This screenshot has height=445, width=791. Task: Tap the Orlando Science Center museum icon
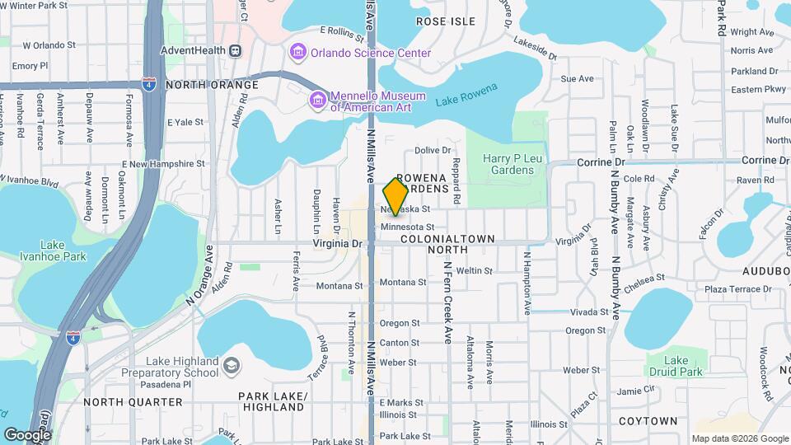(x=297, y=53)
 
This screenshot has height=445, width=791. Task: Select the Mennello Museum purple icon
(x=317, y=100)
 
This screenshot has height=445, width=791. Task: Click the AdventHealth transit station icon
(x=236, y=51)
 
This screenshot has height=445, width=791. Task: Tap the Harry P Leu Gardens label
(x=508, y=164)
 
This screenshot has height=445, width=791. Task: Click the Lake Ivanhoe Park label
(x=63, y=251)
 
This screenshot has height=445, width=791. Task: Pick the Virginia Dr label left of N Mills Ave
(x=338, y=244)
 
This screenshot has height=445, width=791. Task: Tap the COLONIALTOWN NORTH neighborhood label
(x=448, y=244)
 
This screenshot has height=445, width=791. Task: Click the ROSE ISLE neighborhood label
(x=447, y=21)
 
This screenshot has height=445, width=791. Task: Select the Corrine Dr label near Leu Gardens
(x=598, y=162)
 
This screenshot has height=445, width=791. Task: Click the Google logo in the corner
(x=27, y=434)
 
